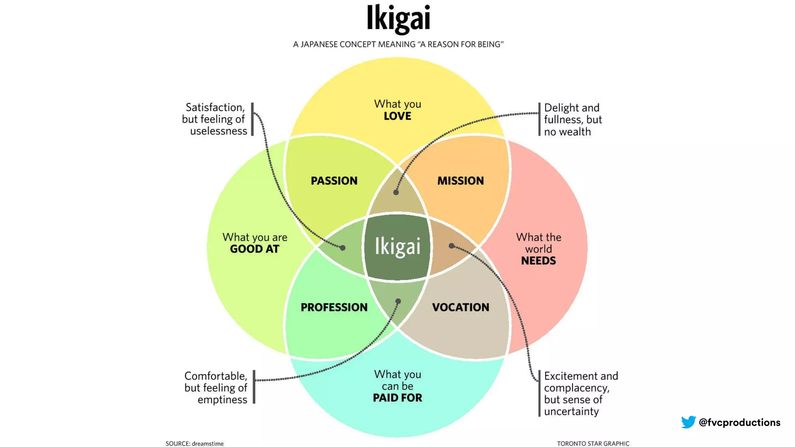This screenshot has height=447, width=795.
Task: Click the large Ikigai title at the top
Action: [x=398, y=18]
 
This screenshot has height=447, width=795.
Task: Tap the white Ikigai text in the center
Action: [x=397, y=246]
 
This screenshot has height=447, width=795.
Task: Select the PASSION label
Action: [x=334, y=181]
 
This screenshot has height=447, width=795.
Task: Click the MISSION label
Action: [x=460, y=181]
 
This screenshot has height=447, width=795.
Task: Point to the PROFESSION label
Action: [x=334, y=307]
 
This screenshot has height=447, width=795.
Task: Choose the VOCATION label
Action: [x=460, y=307]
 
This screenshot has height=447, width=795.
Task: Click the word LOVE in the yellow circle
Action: [x=397, y=116]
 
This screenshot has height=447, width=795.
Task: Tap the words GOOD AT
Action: [x=255, y=249]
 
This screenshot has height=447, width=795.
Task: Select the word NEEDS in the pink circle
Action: [x=538, y=261]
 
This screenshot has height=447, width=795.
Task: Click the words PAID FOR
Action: [x=397, y=398]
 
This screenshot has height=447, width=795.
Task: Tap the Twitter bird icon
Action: [x=688, y=422]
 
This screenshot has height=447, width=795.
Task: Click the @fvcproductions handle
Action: [x=739, y=423]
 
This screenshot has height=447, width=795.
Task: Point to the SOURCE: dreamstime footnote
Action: [x=194, y=444]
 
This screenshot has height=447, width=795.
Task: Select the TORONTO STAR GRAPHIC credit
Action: [x=593, y=444]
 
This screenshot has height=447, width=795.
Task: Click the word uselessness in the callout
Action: [x=219, y=131]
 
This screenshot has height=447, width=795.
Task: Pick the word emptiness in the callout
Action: [x=222, y=400]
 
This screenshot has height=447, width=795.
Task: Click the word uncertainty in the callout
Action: [x=571, y=411]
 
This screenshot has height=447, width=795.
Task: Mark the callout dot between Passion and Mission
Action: [x=396, y=192]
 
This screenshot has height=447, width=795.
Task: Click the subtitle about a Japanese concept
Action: [x=398, y=45]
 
